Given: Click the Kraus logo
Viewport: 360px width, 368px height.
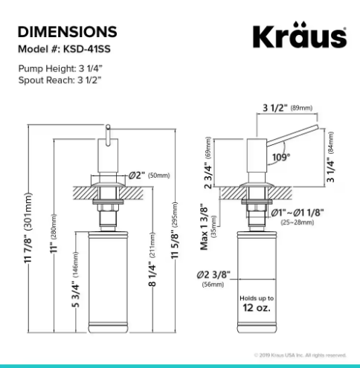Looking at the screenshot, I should click(x=300, y=36).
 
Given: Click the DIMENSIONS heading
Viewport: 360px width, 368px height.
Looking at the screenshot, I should click(x=67, y=32).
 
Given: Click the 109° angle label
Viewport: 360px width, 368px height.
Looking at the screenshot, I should click(x=280, y=156).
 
